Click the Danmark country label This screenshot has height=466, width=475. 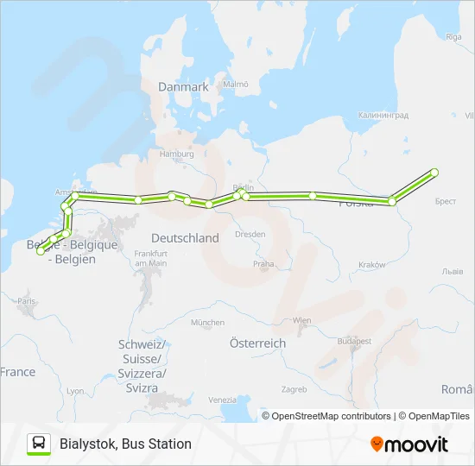[x=183, y=87]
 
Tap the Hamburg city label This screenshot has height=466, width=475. [x=177, y=154]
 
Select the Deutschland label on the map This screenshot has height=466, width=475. [x=185, y=237]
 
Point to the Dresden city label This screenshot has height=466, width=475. [x=250, y=234]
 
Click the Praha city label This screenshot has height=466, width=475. [x=263, y=263]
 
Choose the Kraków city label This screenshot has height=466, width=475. [x=371, y=264]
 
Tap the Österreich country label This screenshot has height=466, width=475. [x=257, y=343]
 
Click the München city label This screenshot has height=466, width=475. [x=207, y=323]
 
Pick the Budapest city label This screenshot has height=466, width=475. [x=354, y=341]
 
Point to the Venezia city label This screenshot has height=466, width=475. [x=222, y=400]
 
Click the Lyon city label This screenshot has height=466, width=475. [x=75, y=391]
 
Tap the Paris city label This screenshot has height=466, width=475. [x=28, y=301]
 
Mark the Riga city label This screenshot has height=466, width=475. [x=453, y=36]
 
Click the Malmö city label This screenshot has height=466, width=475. [x=235, y=85]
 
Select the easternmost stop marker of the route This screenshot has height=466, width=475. [x=434, y=173]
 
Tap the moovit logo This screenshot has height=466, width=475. [x=409, y=444]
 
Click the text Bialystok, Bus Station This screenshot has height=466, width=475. [x=126, y=444]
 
